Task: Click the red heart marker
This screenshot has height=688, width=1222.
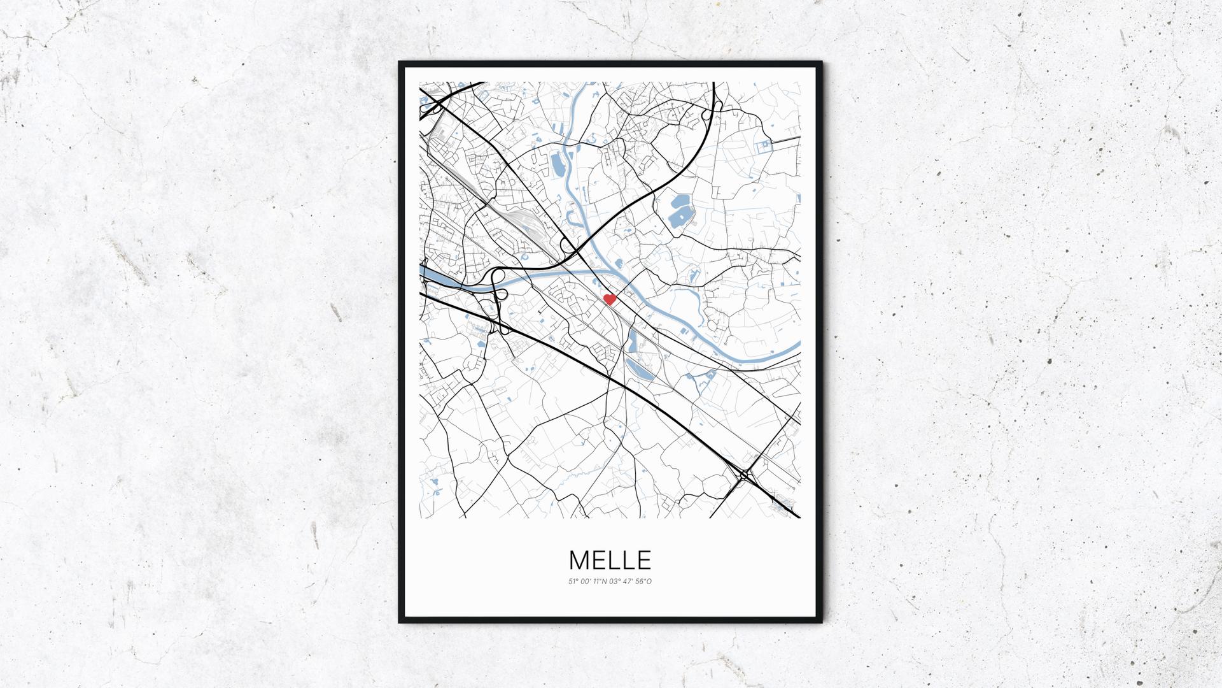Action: (609, 299)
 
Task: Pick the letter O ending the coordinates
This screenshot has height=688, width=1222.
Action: (650, 581)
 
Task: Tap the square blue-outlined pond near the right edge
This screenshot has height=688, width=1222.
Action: (762, 147)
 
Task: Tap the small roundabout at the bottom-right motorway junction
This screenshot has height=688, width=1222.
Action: (744, 475)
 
